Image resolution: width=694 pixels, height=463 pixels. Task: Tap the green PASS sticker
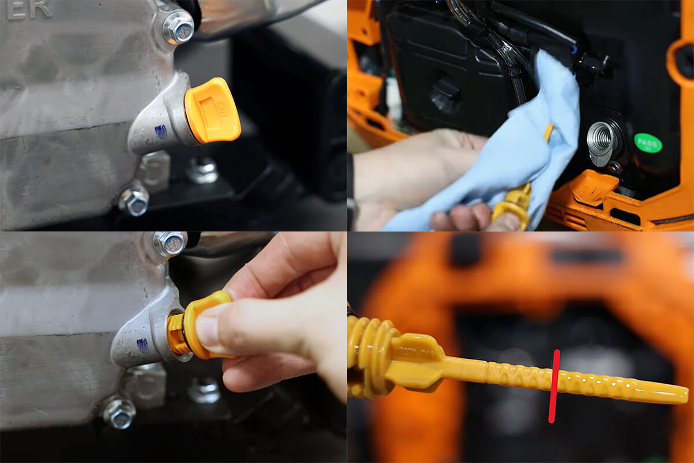pyautogui.click(x=648, y=142)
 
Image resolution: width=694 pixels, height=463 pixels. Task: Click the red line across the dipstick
pyautogui.click(x=553, y=385)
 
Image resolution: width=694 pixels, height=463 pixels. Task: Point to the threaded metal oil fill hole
pyautogui.click(x=600, y=139)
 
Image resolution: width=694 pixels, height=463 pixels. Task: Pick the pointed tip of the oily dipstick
pyautogui.click(x=682, y=396)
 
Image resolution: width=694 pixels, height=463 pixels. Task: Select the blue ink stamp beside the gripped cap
pyautogui.click(x=142, y=345)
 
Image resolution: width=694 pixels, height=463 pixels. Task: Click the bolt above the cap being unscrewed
pyautogui.click(x=169, y=244)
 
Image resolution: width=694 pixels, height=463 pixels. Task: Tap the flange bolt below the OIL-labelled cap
pyautogui.click(x=134, y=200)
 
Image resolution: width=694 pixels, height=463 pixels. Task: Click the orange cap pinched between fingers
pyautogui.click(x=205, y=324)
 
